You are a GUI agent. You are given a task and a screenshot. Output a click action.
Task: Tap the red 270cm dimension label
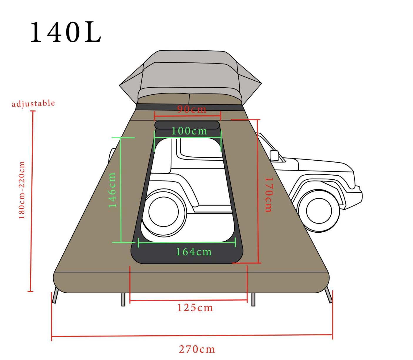click(197, 349)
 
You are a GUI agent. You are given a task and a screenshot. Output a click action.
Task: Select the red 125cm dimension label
click(195, 308)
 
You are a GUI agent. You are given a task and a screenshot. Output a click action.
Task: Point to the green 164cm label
click(194, 252)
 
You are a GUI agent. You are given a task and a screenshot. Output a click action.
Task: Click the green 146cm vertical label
click(112, 190)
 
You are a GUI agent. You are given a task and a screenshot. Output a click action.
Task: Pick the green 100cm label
click(189, 131)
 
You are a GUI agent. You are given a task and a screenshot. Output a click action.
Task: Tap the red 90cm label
click(192, 109)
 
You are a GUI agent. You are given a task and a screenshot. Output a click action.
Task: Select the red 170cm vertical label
click(269, 195)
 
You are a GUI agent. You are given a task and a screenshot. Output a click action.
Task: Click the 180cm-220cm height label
click(21, 190)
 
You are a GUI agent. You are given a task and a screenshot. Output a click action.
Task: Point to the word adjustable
click(33, 103)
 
